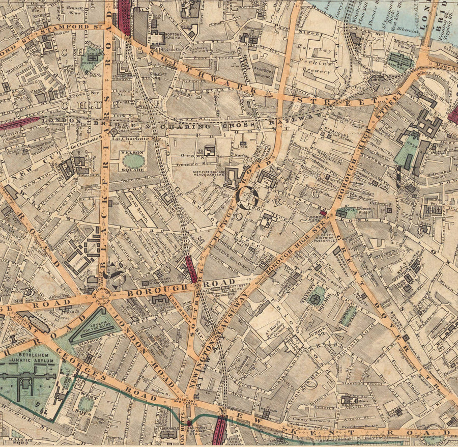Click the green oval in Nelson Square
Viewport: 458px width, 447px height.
tap(133, 162)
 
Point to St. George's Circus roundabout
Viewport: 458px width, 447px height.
tap(102, 294)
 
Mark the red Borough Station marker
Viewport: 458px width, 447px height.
tap(323, 212)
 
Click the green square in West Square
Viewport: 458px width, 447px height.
tap(86, 404)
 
